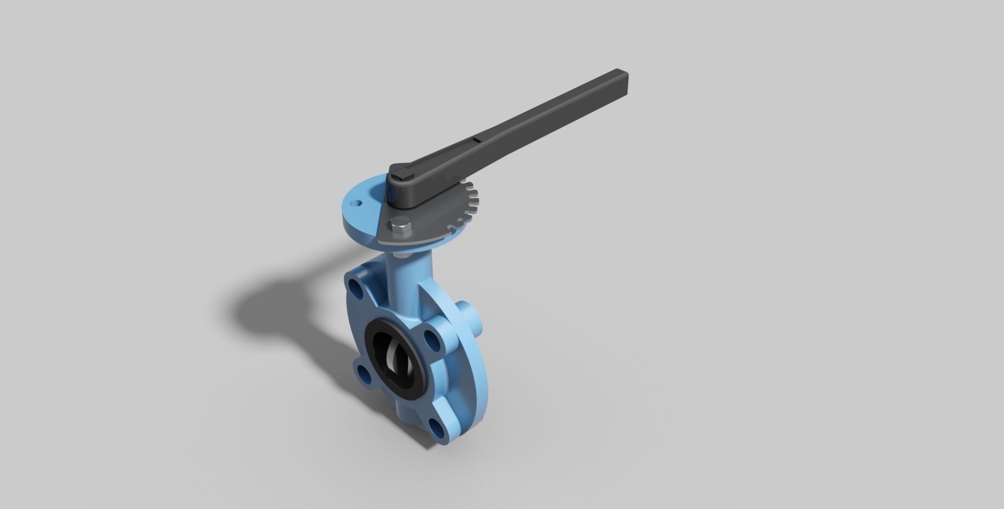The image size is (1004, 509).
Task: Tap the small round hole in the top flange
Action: point(357,201)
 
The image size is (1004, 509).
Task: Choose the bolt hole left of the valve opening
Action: point(361,372)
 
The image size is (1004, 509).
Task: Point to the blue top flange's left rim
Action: point(345,206)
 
